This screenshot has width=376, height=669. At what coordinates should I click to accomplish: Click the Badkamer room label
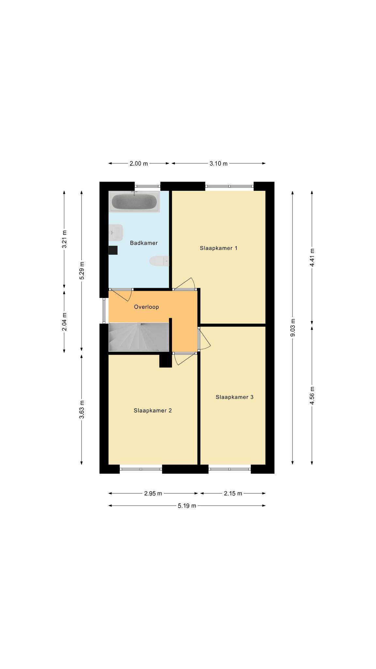pyautogui.click(x=144, y=243)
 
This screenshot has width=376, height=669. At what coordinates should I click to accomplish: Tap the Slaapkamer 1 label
pyautogui.click(x=218, y=248)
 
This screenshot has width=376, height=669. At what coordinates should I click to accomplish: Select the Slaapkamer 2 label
pyautogui.click(x=152, y=411)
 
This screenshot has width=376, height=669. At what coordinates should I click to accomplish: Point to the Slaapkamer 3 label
pyautogui.click(x=234, y=397)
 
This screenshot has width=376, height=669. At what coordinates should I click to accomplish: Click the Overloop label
pyautogui.click(x=146, y=307)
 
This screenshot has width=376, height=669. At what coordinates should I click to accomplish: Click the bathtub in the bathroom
pyautogui.click(x=134, y=202)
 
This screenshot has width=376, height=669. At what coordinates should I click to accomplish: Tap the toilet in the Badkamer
pyautogui.click(x=159, y=261)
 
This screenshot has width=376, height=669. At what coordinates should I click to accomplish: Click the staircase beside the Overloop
pyautogui.click(x=139, y=337)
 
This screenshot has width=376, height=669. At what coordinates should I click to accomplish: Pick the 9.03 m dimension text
pyautogui.click(x=293, y=327)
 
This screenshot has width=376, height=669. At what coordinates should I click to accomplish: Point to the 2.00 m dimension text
pyautogui.click(x=139, y=164)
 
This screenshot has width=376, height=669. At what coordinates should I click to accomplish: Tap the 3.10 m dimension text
pyautogui.click(x=218, y=164)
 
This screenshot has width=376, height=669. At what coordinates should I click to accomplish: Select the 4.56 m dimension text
pyautogui.click(x=312, y=396)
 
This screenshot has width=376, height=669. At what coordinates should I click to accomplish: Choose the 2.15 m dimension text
pyautogui.click(x=233, y=494)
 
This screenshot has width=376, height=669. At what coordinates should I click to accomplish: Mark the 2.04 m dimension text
pyautogui.click(x=64, y=322)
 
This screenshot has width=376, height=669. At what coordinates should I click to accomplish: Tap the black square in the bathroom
pyautogui.click(x=113, y=250)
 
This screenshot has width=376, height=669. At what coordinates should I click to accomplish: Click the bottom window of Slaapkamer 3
pyautogui.click(x=229, y=469)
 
